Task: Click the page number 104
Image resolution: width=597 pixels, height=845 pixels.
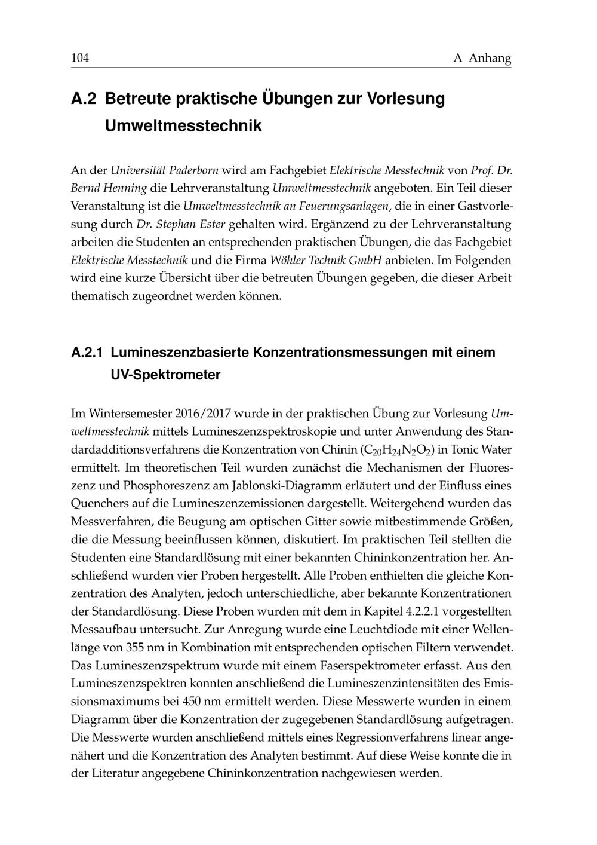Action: (x=80, y=58)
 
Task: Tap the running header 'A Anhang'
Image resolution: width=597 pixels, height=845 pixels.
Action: (x=482, y=58)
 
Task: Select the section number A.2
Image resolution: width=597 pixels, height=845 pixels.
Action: (x=83, y=99)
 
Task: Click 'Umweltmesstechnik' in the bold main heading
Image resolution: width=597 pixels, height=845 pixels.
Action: (x=183, y=126)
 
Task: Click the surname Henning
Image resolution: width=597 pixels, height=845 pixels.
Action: (x=126, y=188)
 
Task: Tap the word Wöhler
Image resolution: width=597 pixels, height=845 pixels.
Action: (x=290, y=260)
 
